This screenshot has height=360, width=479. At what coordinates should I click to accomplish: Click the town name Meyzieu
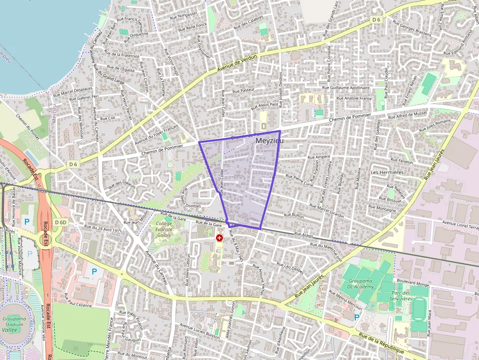269,140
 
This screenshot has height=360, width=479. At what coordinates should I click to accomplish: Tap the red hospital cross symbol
219,237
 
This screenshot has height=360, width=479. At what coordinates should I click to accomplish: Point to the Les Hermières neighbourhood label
387,172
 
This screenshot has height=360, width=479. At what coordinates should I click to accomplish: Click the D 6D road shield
61,222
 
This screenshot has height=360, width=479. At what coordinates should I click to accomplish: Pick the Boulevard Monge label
413,283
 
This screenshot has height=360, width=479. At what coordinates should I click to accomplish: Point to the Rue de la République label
381,344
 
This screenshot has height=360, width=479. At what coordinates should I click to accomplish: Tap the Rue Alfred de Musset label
408,116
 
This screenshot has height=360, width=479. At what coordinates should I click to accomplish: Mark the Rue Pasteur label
243,90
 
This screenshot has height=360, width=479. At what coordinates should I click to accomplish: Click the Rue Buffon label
294,215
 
